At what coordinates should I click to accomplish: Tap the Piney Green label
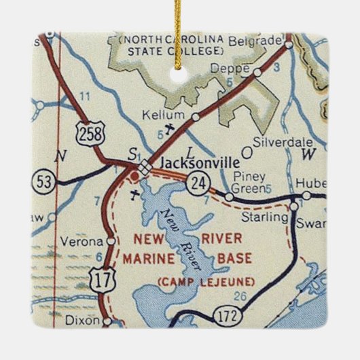249,181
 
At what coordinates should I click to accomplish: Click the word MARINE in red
147,258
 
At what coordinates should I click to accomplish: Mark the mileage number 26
239,295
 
